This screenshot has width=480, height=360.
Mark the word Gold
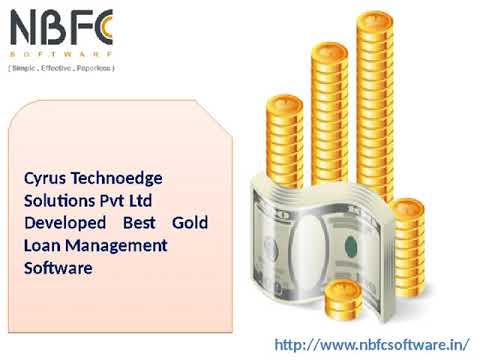coord(190,223)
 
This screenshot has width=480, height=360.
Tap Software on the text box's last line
coord(58,268)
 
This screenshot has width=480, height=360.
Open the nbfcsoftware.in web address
coord(371,345)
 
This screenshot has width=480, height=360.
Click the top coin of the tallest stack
coord(374,21)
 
